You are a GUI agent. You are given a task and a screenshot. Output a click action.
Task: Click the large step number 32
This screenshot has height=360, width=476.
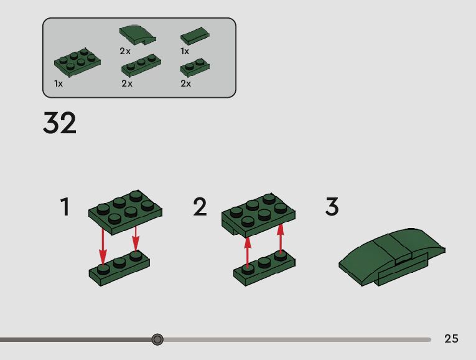point(60,123)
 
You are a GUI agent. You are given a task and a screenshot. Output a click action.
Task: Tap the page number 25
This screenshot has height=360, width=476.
point(451,338)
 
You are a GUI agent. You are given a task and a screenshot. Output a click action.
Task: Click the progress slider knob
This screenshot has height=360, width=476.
point(157,339)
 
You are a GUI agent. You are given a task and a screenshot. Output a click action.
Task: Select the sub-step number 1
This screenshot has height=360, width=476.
point(65,207)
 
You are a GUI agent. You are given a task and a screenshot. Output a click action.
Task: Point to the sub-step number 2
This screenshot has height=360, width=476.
point(200,207)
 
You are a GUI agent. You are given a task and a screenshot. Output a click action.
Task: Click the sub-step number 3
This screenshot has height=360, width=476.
point(332,207)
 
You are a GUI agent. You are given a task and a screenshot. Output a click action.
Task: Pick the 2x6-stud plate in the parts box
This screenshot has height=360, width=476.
point(77,62)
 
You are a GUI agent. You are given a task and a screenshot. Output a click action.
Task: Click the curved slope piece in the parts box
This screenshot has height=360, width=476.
point(138,35)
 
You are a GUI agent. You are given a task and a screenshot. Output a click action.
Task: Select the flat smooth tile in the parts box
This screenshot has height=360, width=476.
point(195,36)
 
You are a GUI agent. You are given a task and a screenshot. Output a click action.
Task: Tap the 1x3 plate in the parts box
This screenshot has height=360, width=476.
point(141,65)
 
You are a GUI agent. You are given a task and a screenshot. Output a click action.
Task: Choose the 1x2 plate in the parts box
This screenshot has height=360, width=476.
point(195,67)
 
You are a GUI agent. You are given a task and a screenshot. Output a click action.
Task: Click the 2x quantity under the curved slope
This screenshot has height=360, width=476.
point(125,51)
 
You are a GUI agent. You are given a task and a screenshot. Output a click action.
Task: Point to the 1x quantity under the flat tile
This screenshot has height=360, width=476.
point(185,51)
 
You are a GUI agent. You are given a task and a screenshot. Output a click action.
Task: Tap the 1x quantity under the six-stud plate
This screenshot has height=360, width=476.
point(58,83)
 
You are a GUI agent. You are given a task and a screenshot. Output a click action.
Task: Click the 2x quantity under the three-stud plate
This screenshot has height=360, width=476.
point(127,83)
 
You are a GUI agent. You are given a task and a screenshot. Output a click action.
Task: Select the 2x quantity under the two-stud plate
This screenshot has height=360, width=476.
point(186,83)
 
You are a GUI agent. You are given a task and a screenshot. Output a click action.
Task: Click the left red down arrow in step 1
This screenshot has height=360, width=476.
point(103,247)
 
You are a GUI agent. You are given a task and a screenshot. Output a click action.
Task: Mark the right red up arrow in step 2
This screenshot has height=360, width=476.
point(281,238)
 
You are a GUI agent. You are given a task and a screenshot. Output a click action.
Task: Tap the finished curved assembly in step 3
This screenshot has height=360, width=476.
point(391,257)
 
